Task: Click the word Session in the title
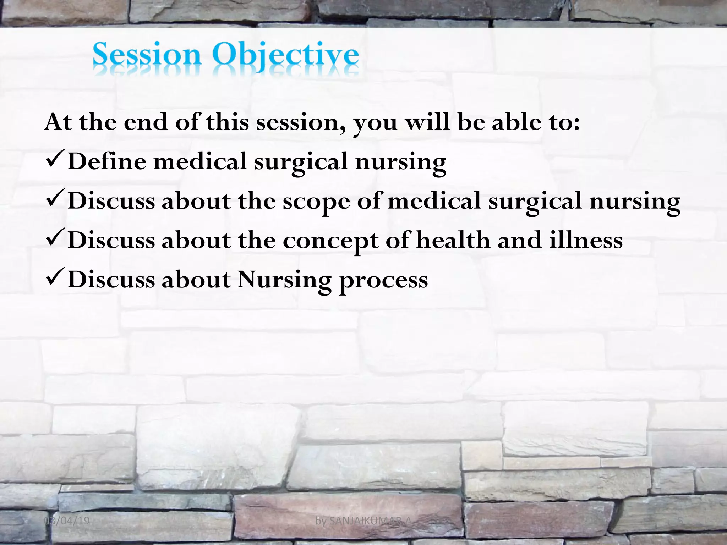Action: tap(147, 55)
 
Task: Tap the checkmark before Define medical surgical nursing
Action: tap(55, 160)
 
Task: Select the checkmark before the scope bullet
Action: tap(55, 200)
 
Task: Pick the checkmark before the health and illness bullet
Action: tap(55, 239)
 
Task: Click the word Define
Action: tap(107, 161)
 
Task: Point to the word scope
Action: tap(316, 202)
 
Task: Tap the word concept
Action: tap(330, 241)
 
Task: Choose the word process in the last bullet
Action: tap(383, 281)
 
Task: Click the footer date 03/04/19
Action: tap(67, 521)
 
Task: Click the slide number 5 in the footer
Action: tap(680, 521)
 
